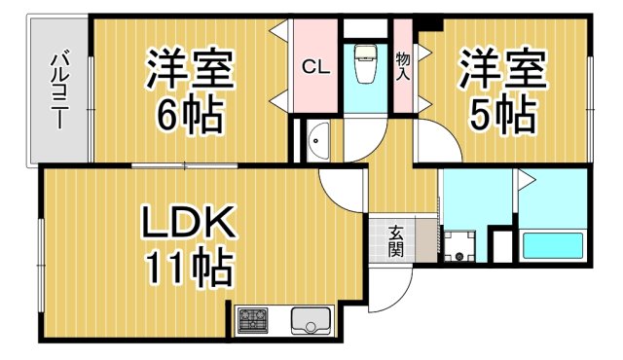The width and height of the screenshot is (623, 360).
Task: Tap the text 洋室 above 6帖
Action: pos(190,70)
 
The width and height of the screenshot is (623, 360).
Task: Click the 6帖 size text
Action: pos(191,115)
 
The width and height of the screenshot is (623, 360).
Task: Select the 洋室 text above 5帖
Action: pos(501,70)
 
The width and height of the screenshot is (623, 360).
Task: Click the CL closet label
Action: pos(313,67)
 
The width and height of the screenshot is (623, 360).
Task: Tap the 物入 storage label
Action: pos(402,66)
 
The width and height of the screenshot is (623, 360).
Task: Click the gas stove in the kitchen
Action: pos(254,318)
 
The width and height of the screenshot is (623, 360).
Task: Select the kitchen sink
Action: pos(311,319)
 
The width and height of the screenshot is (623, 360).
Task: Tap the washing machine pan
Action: pos(458,244)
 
